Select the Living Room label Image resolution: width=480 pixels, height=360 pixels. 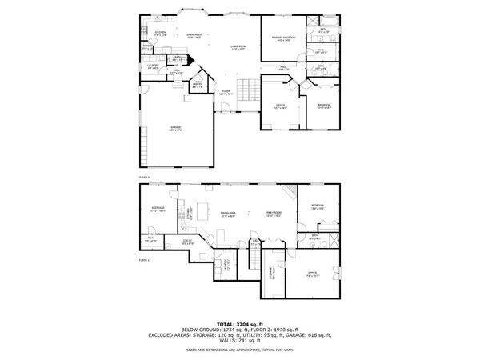click(238, 50)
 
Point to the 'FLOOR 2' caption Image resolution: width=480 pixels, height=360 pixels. click(145, 178)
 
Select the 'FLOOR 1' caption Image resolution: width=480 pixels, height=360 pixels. click(145, 261)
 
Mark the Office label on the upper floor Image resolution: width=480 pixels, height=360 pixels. click(281, 106)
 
